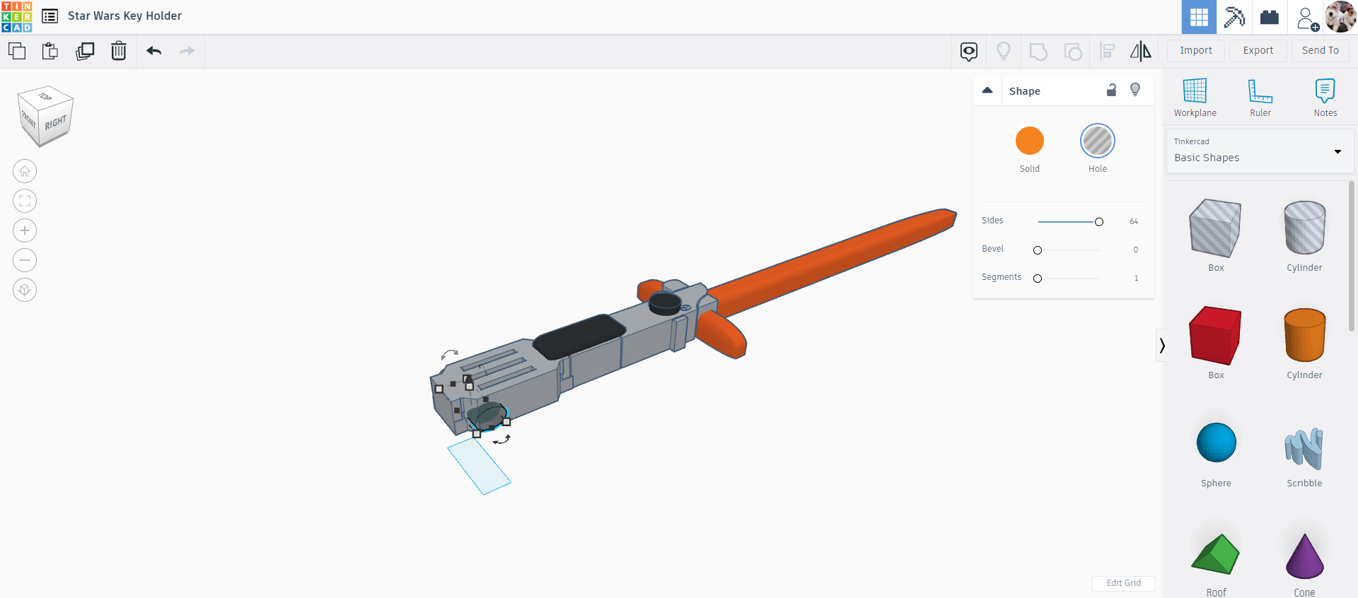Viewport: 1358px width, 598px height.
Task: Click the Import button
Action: click(x=1195, y=50)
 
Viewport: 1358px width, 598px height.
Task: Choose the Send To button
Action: click(x=1320, y=50)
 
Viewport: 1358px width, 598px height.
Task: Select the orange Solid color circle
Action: click(x=1029, y=141)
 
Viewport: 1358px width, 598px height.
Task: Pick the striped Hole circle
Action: click(x=1097, y=141)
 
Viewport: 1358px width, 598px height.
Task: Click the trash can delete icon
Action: click(x=119, y=51)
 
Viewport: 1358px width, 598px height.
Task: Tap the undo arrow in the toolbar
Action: click(x=154, y=51)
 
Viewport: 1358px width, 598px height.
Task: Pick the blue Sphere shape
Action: click(x=1216, y=442)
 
